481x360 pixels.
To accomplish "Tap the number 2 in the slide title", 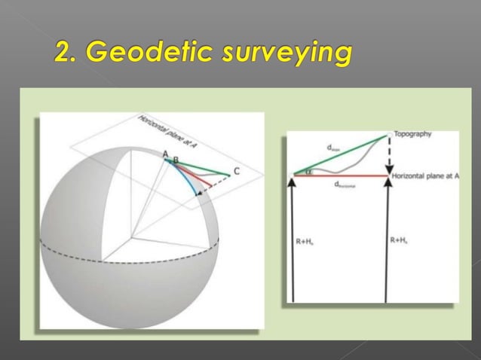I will coord(66,53).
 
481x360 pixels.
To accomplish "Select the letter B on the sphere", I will coord(176,160).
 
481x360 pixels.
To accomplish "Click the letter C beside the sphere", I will coord(237,172).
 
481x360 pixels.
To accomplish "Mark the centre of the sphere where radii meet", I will coord(134,236).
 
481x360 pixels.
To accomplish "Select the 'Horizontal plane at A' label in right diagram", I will coord(425,175).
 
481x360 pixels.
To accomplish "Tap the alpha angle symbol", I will coord(308,171).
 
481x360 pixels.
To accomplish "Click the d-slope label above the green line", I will coord(332,148).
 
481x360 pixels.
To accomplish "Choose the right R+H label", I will coord(400,240).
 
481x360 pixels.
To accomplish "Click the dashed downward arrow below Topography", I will coord(388,157).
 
